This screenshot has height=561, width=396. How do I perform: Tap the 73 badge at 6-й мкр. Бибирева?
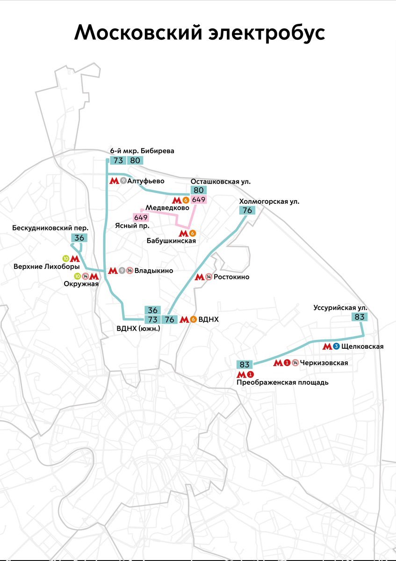click(118, 160)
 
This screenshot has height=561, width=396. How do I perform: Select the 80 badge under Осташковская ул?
click(199, 190)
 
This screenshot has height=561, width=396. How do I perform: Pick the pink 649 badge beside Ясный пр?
click(141, 217)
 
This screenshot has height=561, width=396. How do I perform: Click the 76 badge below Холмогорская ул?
click(247, 210)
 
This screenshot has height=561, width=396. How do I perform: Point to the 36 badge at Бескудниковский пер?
click(79, 237)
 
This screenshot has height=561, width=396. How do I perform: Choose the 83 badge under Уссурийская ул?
click(360, 316)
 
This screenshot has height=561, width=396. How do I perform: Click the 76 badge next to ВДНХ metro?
click(169, 320)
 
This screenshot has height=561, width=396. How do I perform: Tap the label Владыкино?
click(153, 270)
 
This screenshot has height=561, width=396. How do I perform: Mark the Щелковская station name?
click(362, 346)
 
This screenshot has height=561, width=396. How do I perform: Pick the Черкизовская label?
click(324, 363)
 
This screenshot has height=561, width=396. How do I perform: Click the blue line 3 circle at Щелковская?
click(337, 346)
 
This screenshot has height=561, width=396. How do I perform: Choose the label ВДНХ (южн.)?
click(138, 329)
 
